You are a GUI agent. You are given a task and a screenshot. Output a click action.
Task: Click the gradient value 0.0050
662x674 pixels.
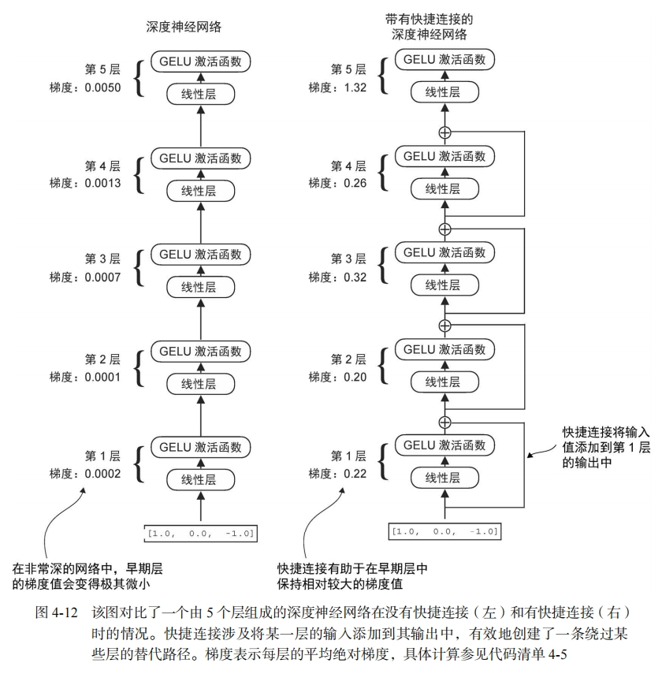click(x=102, y=87)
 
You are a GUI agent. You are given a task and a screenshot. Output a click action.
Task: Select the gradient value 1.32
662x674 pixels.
click(x=351, y=87)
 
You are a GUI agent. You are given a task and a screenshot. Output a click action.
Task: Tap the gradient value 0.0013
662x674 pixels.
click(x=102, y=183)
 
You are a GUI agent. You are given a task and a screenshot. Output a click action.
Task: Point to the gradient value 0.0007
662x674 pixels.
click(x=102, y=279)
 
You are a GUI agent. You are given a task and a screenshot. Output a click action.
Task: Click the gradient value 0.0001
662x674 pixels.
click(x=102, y=376)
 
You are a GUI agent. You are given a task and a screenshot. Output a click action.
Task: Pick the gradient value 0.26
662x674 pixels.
click(x=351, y=183)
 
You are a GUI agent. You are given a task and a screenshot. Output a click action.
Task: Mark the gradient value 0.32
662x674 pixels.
click(x=351, y=279)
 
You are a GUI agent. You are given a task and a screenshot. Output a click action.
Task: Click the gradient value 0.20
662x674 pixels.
click(x=351, y=376)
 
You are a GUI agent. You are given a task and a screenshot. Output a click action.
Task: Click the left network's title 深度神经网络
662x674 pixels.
click(x=184, y=26)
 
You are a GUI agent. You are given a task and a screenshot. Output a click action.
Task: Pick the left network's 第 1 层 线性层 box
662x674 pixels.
click(x=200, y=479)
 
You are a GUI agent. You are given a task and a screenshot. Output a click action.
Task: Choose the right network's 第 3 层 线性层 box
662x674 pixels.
click(x=445, y=285)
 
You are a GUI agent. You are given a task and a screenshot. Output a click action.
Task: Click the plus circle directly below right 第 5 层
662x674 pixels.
click(x=445, y=132)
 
